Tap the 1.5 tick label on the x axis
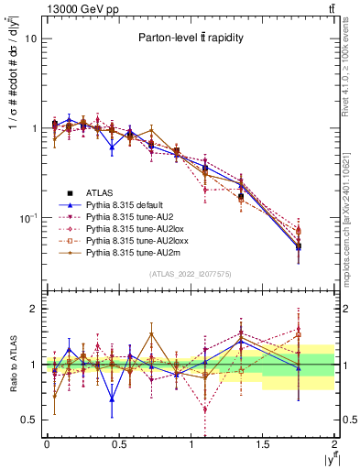263,444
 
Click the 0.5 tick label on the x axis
118,444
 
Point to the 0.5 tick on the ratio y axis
30,420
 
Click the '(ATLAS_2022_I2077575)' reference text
191,273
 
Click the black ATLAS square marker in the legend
58,192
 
